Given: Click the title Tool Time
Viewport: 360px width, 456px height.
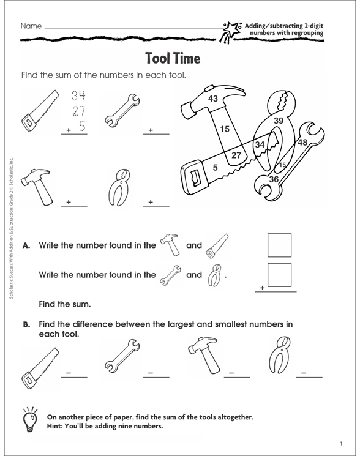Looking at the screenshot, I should pos(173,59).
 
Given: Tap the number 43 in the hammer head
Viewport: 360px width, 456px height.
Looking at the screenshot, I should pos(213,99).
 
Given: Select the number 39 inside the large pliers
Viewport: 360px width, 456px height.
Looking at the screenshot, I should pos(278,121).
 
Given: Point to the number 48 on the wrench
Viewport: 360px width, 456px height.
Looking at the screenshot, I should pos(302,143).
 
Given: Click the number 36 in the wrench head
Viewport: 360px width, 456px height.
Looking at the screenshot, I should pos(274,178).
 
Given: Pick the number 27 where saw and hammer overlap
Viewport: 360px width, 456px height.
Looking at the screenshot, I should pos(235,155).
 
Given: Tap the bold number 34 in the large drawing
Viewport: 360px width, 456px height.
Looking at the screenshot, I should pos(260,145).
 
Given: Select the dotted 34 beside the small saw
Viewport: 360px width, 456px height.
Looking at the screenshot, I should pos(78,96).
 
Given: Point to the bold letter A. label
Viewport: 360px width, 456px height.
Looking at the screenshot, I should pos(26,245).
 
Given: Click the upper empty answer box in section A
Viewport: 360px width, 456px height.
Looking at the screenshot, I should pos(280,245).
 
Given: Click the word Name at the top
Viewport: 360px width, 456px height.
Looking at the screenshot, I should pos(31,26).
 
